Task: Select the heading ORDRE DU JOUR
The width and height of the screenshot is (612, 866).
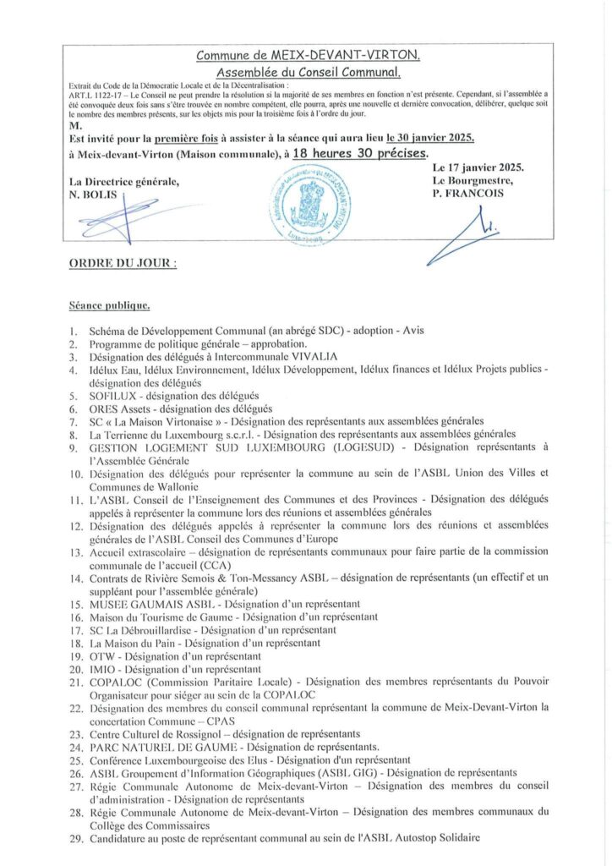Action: [123, 264]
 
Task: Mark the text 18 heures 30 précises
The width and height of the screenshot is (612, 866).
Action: [360, 153]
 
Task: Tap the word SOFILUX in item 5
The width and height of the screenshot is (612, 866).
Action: [113, 395]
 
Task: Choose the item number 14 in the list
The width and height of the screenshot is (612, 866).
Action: [74, 577]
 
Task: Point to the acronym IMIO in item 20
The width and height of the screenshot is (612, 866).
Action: [102, 668]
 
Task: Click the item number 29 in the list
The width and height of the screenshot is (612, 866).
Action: [74, 837]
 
